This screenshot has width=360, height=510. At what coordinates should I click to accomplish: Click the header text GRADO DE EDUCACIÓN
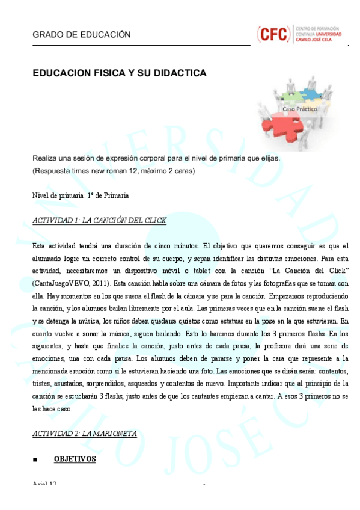tap(81, 35)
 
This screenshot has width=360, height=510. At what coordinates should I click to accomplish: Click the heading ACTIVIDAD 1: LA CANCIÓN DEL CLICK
tap(99, 221)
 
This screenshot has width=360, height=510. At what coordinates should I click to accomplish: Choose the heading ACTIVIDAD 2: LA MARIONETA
tap(84, 433)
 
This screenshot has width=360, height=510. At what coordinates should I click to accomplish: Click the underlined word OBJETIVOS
tap(75, 459)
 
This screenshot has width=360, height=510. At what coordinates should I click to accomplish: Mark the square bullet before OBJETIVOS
tap(36, 459)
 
